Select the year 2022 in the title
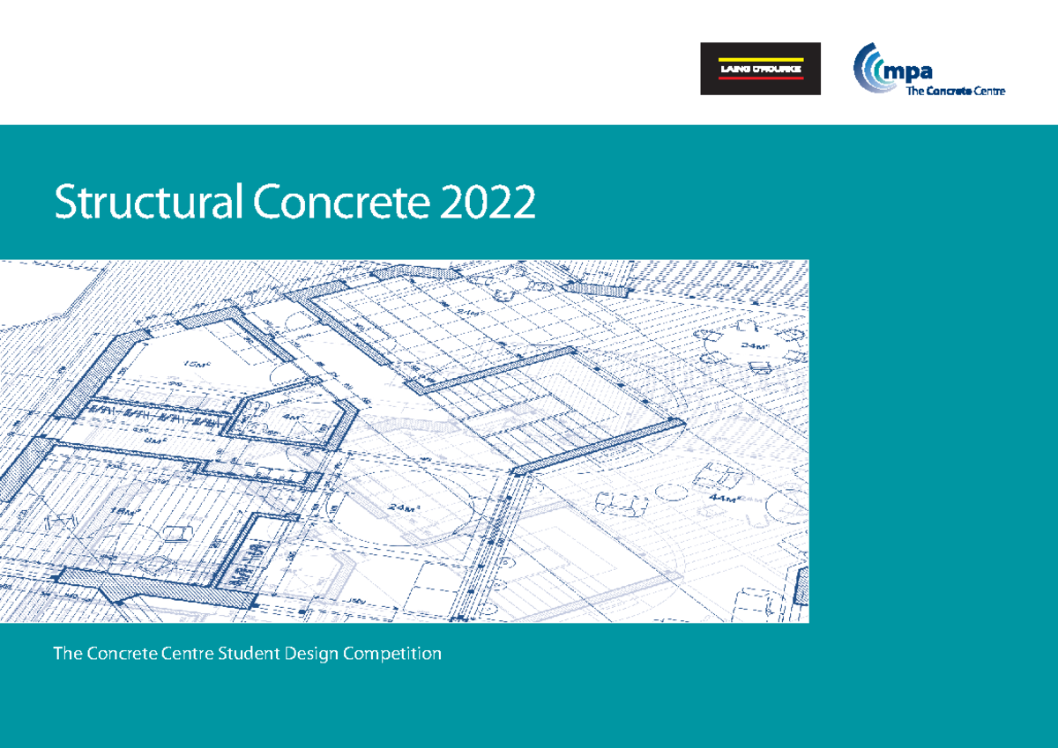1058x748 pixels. pyautogui.click(x=489, y=204)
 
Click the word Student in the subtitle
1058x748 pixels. pyautogui.click(x=250, y=654)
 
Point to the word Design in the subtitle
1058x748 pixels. pyautogui.click(x=312, y=654)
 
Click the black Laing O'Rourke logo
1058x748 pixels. pyautogui.click(x=760, y=69)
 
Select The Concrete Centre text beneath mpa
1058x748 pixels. pyautogui.click(x=950, y=91)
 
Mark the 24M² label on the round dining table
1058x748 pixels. pyautogui.click(x=752, y=345)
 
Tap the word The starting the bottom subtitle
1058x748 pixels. pyautogui.click(x=67, y=654)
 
